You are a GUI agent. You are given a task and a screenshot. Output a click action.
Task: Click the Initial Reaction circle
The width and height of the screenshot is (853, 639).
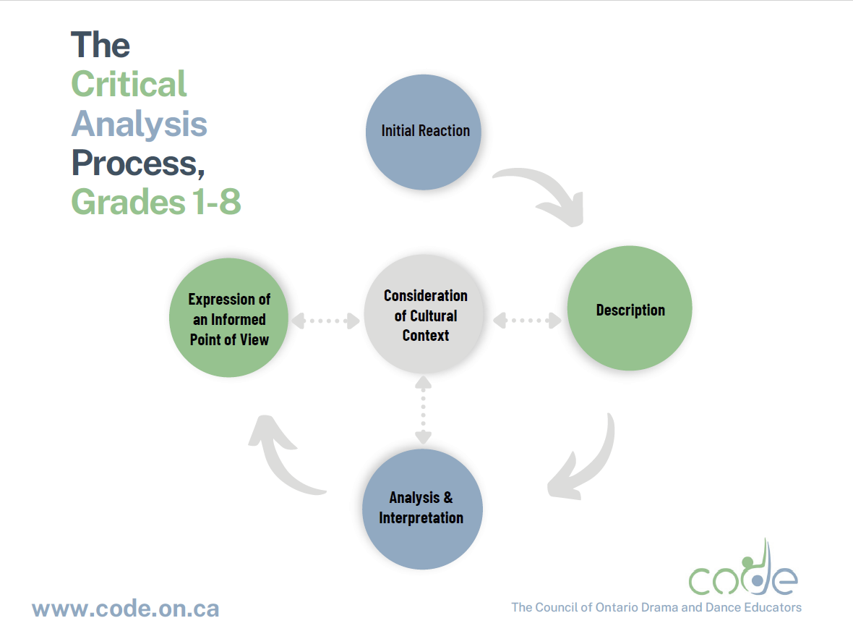pos(425,132)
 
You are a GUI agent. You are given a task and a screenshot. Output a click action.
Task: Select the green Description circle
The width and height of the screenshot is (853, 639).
pos(630,310)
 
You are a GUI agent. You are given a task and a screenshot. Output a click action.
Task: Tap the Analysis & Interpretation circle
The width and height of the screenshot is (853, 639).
pos(421,508)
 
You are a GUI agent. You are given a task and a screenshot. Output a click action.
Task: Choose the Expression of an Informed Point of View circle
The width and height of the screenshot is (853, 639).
pos(228,318)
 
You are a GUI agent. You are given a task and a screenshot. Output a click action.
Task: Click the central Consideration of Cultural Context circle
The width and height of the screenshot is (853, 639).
pos(425,316)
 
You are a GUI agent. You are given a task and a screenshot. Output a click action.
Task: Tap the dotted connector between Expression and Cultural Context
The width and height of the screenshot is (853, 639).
pos(325,320)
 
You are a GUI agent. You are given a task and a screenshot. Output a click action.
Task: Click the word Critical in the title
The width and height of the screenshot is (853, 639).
pos(129,84)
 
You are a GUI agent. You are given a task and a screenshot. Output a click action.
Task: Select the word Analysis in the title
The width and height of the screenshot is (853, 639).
pos(139,124)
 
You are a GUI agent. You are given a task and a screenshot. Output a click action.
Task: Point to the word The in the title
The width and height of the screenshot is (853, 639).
pos(100,45)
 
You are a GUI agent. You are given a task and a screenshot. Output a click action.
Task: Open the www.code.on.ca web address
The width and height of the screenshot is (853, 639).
pos(125,608)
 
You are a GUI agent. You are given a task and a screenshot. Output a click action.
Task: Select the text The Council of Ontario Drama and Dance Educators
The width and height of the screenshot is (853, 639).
pos(656,607)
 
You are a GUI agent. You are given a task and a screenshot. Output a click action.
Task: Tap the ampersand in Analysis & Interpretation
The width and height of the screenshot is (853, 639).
pos(447,498)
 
